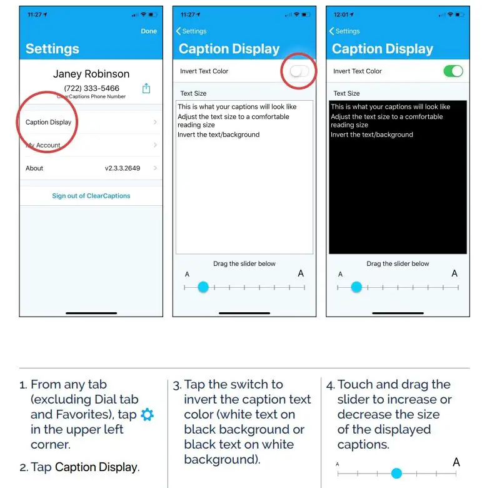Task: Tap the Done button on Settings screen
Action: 149,31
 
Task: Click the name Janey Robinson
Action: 91,74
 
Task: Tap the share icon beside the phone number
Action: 146,88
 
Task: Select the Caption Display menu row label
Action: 48,122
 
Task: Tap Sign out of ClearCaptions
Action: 91,196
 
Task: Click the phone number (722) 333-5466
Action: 91,88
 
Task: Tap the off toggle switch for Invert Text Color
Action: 299,71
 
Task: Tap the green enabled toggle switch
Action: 453,71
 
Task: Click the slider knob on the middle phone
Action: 203,287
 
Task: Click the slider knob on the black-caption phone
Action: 356,287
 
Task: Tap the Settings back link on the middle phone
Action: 191,31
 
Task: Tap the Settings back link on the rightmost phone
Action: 344,31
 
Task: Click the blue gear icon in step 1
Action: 147,415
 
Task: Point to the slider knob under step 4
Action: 396,473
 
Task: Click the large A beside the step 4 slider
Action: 456,462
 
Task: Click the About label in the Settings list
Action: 34,168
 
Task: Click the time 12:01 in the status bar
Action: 343,14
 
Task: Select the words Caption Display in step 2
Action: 96,467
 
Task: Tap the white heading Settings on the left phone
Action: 53,49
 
